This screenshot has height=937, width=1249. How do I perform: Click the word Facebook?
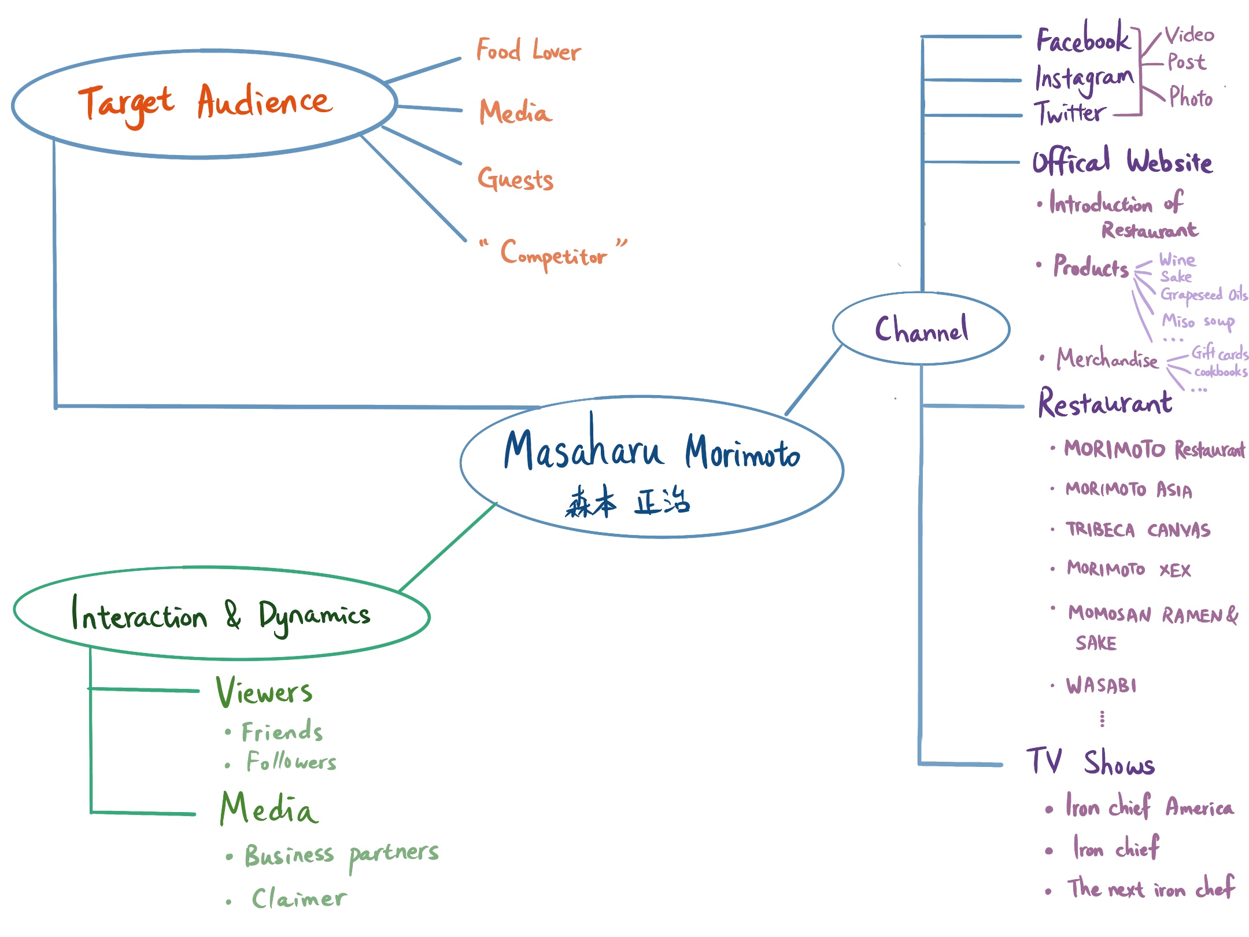[1082, 39]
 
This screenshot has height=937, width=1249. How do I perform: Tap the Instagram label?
[1084, 79]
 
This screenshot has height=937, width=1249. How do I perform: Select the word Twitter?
[1070, 113]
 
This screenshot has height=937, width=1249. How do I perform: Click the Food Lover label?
[528, 51]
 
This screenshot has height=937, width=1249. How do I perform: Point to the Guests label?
[515, 178]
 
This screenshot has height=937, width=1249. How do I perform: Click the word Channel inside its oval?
[921, 329]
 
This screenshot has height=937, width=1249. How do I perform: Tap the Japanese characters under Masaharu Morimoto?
[627, 501]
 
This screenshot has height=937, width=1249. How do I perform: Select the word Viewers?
[264, 692]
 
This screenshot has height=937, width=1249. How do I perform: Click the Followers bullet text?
[291, 762]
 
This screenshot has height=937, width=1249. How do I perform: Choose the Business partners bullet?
[341, 854]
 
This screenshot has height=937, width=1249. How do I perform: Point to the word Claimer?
[300, 898]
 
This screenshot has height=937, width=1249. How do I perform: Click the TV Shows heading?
[1090, 762]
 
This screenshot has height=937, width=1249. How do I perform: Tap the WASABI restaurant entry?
[1102, 686]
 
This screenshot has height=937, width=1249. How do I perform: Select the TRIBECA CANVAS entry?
[1138, 530]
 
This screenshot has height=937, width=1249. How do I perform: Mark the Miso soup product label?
[1198, 321]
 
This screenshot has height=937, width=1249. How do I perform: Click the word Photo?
[1191, 98]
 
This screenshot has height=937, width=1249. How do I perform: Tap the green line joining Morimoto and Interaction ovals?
[448, 547]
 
